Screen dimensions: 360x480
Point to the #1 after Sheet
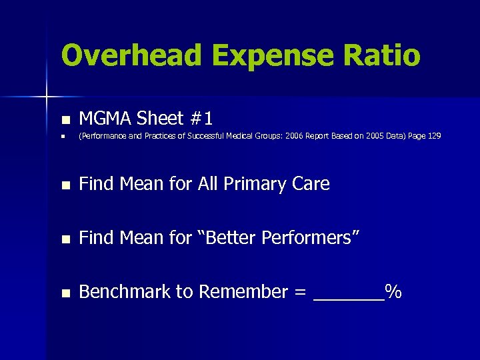201,119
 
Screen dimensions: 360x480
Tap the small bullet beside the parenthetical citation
63,137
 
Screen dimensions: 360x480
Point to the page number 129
433,136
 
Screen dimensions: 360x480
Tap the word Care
311,184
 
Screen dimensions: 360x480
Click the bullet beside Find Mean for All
65,185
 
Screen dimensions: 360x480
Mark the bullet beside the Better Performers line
65,239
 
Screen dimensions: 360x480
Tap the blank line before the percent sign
349,299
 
